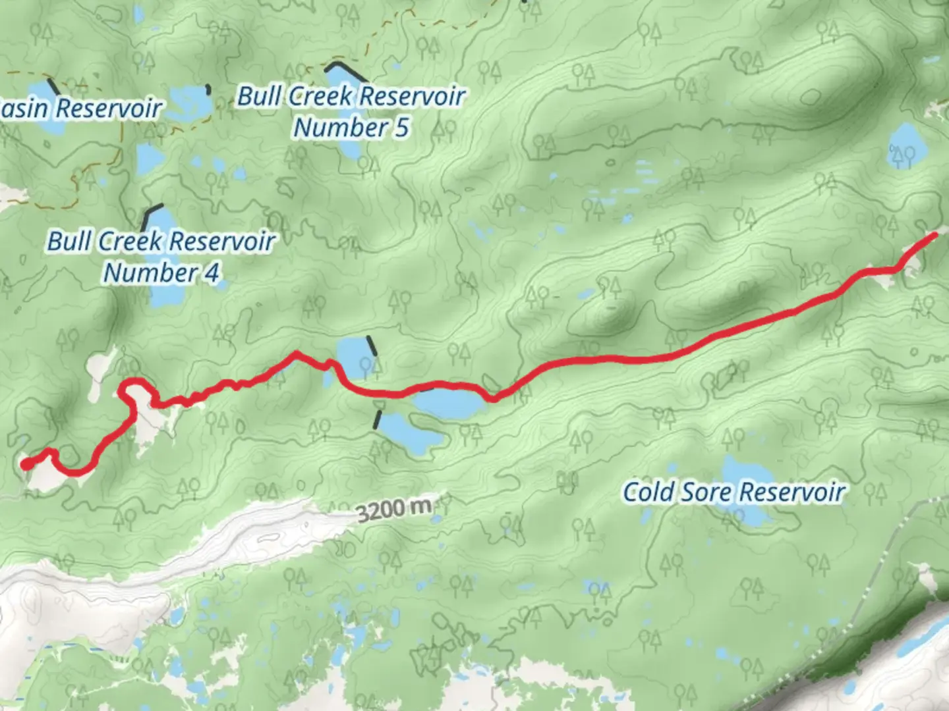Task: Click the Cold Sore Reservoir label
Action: [733, 492]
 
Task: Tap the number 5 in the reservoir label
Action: [401, 128]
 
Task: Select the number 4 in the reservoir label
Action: [211, 273]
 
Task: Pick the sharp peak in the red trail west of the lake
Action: [297, 354]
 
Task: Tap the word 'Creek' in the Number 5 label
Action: [320, 97]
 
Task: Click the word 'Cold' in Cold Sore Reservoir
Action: [648, 492]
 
